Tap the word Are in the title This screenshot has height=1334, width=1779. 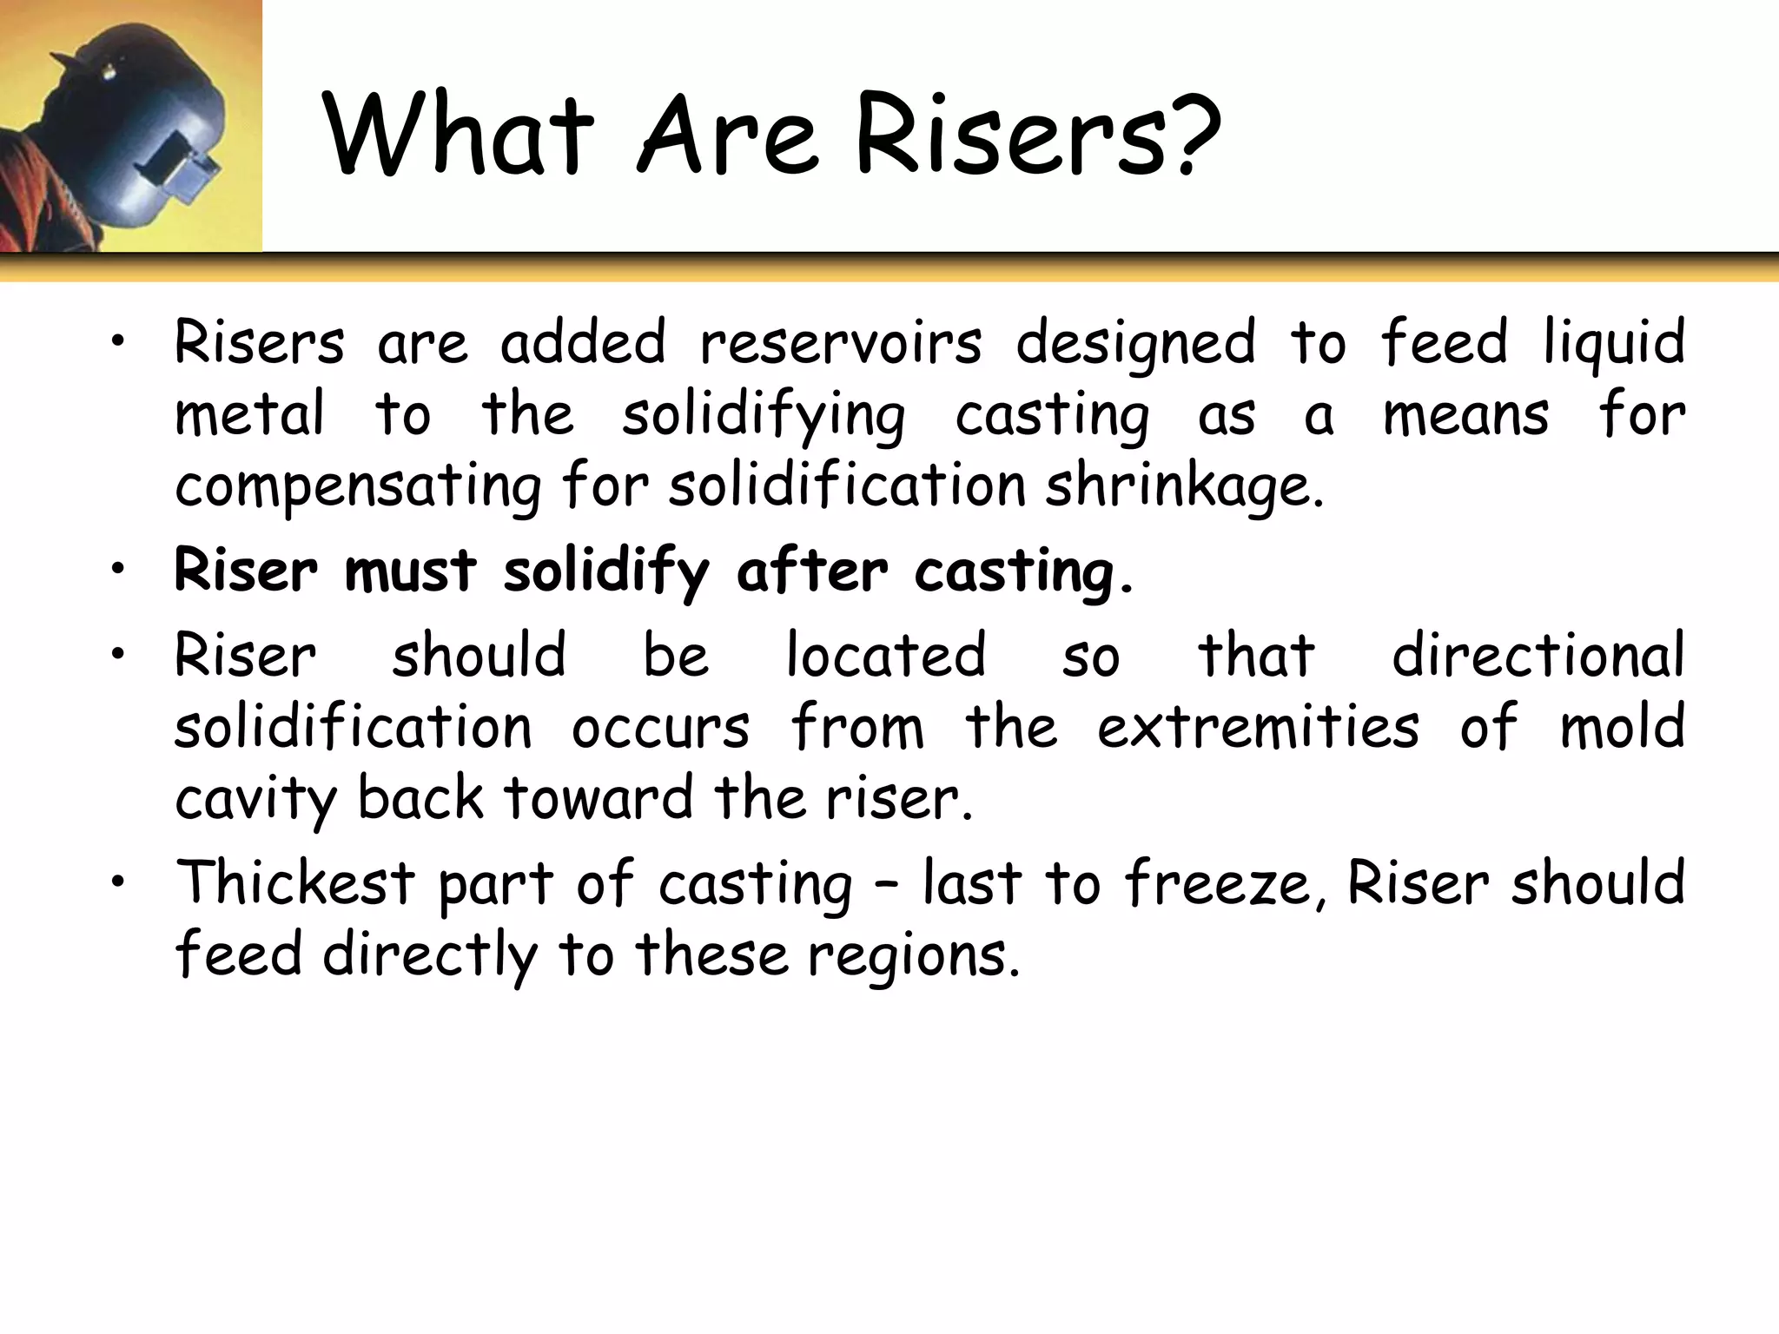pyautogui.click(x=728, y=135)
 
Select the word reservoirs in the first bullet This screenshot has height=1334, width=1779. pyautogui.click(x=841, y=342)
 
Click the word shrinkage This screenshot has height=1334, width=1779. pyautogui.click(x=1184, y=486)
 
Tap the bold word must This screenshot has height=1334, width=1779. pyautogui.click(x=410, y=571)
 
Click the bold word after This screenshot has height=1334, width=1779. pyautogui.click(x=811, y=571)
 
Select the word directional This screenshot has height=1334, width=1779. pyautogui.click(x=1538, y=655)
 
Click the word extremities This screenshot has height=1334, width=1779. pyautogui.click(x=1258, y=727)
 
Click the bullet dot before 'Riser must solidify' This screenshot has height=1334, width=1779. pyautogui.click(x=118, y=569)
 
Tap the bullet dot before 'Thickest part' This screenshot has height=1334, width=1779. pyautogui.click(x=118, y=882)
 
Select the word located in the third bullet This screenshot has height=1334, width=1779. pyautogui.click(x=886, y=655)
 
